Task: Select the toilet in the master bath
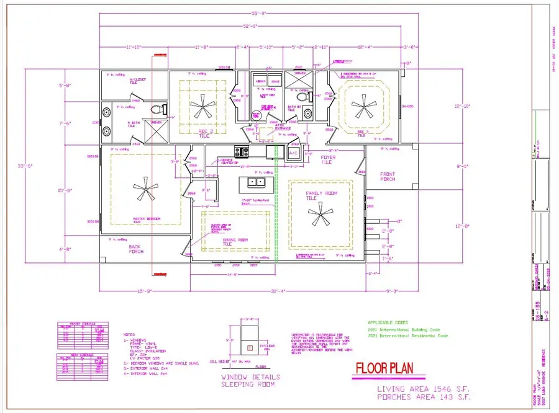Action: click(157, 110)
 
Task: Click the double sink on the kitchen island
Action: click(255, 182)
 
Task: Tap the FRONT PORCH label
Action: click(388, 177)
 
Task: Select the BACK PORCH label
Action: click(136, 249)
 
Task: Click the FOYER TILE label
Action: click(328, 160)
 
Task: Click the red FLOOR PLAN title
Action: click(391, 368)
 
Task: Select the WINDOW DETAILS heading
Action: click(250, 376)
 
